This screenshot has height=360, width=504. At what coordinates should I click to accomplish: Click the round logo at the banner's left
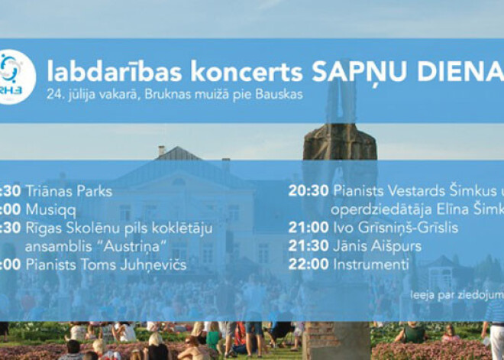click(15, 76)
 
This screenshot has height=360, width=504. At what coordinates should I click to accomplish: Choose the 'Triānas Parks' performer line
click(69, 191)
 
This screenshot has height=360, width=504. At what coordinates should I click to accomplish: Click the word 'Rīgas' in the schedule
click(44, 228)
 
